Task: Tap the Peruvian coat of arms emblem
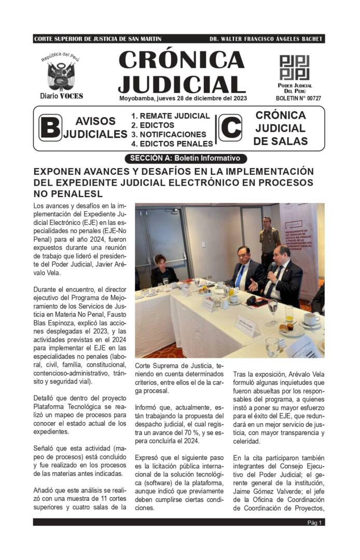(61, 76)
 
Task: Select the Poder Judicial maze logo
(294, 67)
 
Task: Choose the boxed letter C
(230, 128)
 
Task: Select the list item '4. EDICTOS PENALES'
(172, 144)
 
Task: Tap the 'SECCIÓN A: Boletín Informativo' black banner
(185, 158)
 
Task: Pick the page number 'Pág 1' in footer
(314, 523)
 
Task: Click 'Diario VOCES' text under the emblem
(61, 96)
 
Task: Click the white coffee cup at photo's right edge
(311, 319)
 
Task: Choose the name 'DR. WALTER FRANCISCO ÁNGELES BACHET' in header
(266, 39)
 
